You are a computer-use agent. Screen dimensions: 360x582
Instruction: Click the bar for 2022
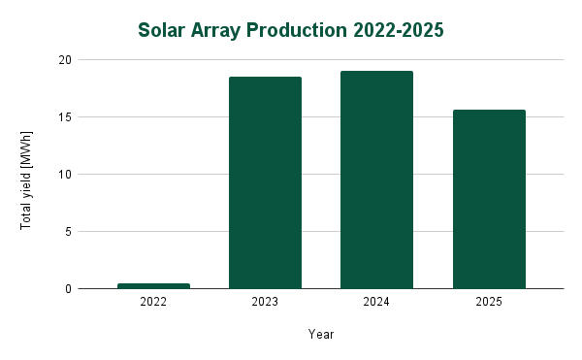click(153, 285)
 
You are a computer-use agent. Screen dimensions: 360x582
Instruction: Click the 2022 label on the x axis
click(153, 303)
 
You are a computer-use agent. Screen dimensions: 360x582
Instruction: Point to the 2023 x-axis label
click(265, 303)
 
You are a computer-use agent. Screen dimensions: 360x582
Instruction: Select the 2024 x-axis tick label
click(376, 303)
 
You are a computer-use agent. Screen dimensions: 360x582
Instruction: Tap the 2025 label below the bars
click(489, 303)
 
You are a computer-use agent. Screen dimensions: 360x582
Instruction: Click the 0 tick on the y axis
click(69, 289)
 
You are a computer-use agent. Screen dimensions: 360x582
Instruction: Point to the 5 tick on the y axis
click(69, 232)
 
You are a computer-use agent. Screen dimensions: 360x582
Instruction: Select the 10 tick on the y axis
click(66, 175)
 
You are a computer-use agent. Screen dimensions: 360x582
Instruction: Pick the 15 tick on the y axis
click(66, 117)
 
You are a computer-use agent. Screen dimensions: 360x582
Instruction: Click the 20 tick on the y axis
click(66, 60)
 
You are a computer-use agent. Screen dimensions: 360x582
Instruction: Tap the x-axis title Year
click(321, 335)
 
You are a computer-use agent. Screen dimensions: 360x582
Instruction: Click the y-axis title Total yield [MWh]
click(26, 179)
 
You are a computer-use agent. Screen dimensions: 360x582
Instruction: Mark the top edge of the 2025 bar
click(489, 111)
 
